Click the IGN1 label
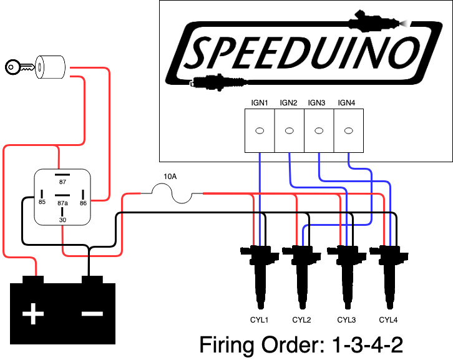(x=260, y=102)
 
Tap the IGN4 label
(x=346, y=102)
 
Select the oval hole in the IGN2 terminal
(x=289, y=131)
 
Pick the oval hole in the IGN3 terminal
(x=319, y=131)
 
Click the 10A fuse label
(x=170, y=176)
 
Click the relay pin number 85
(x=42, y=202)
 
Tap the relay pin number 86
(x=83, y=203)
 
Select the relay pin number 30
(x=62, y=220)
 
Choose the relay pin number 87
(x=62, y=182)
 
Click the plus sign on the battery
(x=33, y=313)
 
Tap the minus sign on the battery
(x=92, y=313)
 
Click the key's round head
(x=12, y=67)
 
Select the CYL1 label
(x=259, y=320)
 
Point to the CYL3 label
(x=346, y=320)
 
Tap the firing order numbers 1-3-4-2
(x=367, y=344)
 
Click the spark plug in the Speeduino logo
(x=218, y=82)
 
